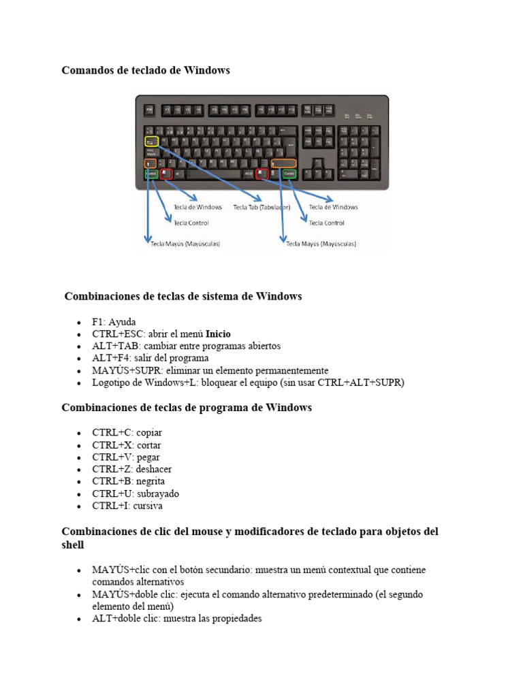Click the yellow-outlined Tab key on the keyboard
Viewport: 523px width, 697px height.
pyautogui.click(x=151, y=142)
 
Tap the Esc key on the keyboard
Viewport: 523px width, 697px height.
pyautogui.click(x=148, y=109)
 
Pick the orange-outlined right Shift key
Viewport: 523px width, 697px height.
pyautogui.click(x=283, y=163)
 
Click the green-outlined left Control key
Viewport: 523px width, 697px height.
pyautogui.click(x=150, y=174)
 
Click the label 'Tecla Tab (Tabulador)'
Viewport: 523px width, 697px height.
pyautogui.click(x=261, y=208)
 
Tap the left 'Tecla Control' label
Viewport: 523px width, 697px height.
pyautogui.click(x=191, y=223)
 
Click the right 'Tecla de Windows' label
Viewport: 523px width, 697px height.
pyautogui.click(x=333, y=207)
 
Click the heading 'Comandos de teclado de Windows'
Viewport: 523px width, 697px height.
pyautogui.click(x=146, y=70)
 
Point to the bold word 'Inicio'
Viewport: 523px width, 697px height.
pyautogui.click(x=218, y=334)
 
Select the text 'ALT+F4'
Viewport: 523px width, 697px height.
pyautogui.click(x=111, y=358)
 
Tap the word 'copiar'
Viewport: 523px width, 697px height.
pyautogui.click(x=149, y=432)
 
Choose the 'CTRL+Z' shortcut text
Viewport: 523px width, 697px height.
pyautogui.click(x=112, y=469)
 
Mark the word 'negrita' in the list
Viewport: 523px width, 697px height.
pyautogui.click(x=150, y=481)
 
